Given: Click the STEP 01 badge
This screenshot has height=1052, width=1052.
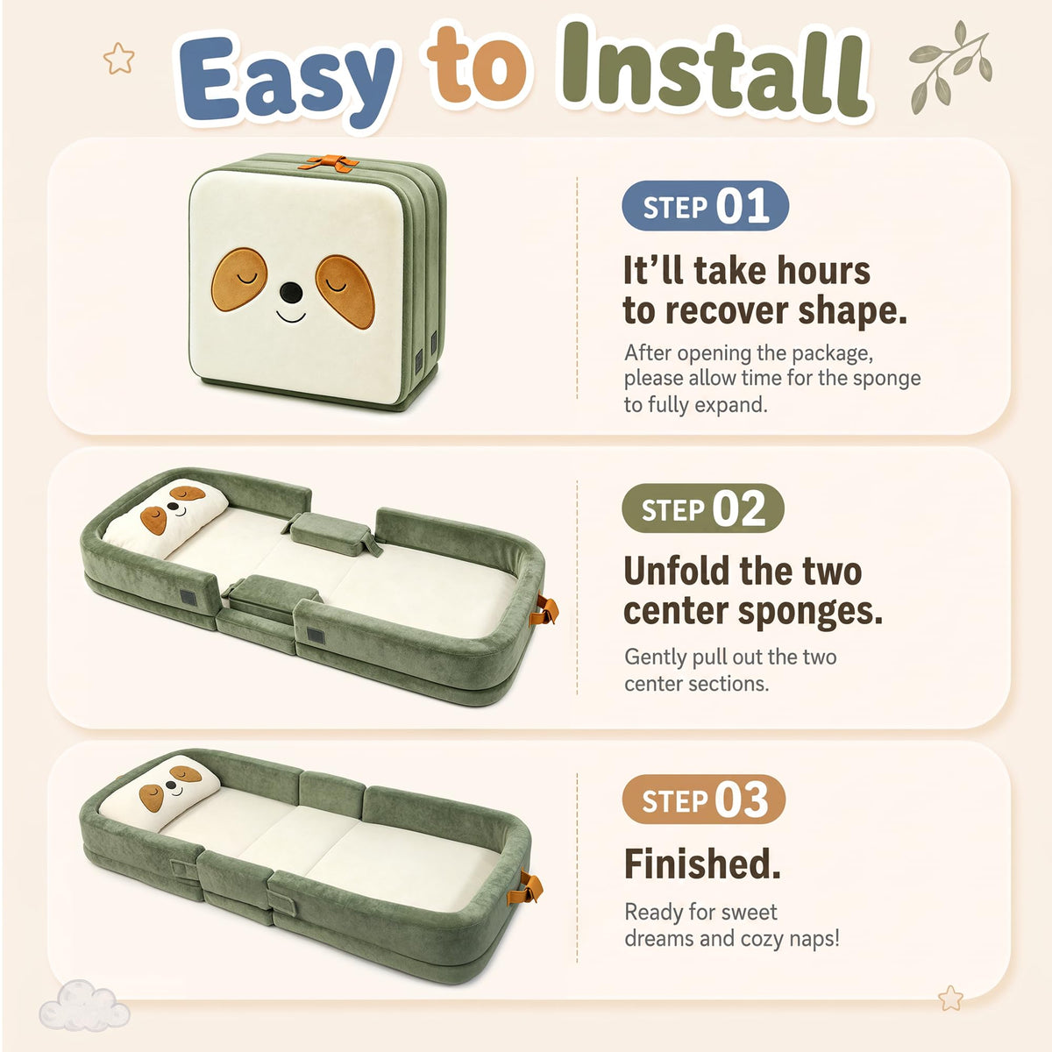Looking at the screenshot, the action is coord(705,206).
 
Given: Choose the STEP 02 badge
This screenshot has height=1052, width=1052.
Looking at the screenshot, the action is coord(702,508).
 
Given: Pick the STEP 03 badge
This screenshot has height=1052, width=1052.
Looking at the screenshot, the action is coord(704,800).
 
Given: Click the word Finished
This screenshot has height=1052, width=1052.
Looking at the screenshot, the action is coord(702,864).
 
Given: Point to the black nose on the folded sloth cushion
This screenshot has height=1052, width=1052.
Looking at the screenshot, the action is coord(291,293).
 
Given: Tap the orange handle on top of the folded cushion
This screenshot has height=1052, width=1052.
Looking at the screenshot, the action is coord(329,163).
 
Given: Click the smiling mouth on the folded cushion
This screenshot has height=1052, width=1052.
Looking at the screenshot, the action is coord(290,316).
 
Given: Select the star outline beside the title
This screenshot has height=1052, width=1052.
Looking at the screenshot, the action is coord(118,59).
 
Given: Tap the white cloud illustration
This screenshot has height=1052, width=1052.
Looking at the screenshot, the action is coord(84,1005).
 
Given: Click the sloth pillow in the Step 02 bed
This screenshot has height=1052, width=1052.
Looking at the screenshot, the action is coord(166,517).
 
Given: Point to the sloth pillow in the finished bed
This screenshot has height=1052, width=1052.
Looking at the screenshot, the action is coord(160,793).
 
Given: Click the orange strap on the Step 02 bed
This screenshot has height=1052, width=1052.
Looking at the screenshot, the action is coord(544,610).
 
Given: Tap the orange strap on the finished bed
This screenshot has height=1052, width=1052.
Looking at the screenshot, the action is coord(525,888).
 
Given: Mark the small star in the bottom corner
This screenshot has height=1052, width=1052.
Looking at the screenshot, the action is coord(950,998).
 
